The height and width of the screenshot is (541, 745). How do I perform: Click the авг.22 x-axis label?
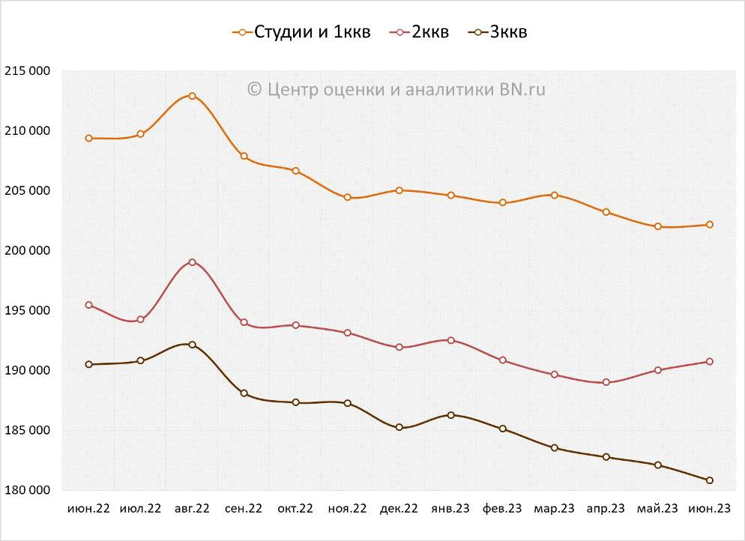[x=192, y=509]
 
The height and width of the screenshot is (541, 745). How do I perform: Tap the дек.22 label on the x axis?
[x=399, y=509]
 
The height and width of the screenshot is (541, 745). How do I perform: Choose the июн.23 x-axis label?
[x=710, y=509]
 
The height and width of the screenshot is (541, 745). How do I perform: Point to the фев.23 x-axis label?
[x=502, y=509]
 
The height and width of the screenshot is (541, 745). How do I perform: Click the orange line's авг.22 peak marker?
[x=193, y=96]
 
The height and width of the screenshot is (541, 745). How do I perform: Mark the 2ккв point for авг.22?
[x=193, y=262]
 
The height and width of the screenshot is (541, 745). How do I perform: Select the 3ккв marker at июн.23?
[x=710, y=480]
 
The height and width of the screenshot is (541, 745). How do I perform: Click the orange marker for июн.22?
[x=89, y=138]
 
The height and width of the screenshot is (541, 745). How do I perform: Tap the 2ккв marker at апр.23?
[x=606, y=382]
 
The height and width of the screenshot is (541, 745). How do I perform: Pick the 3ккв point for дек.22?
[x=399, y=427]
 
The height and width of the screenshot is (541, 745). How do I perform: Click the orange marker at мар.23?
[x=555, y=195]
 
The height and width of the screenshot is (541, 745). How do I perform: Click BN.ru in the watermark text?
[x=522, y=89]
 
